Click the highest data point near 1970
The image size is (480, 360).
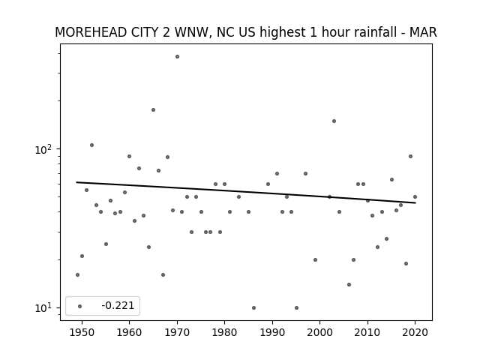click(177, 57)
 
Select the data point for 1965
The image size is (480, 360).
click(153, 110)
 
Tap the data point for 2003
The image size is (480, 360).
click(334, 121)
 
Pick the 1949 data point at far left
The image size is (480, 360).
click(77, 275)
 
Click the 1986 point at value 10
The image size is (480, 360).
click(253, 308)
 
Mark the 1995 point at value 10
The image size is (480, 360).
click(297, 308)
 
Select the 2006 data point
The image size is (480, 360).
click(349, 285)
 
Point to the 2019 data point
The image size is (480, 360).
click(410, 157)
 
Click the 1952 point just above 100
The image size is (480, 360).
click(91, 145)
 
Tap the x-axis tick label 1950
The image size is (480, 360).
click(82, 332)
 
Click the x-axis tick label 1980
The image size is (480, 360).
click(224, 332)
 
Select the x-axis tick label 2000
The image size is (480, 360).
click(320, 332)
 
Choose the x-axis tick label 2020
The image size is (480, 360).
click(415, 332)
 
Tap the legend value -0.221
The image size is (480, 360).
click(118, 305)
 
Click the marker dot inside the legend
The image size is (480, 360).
click(80, 306)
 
